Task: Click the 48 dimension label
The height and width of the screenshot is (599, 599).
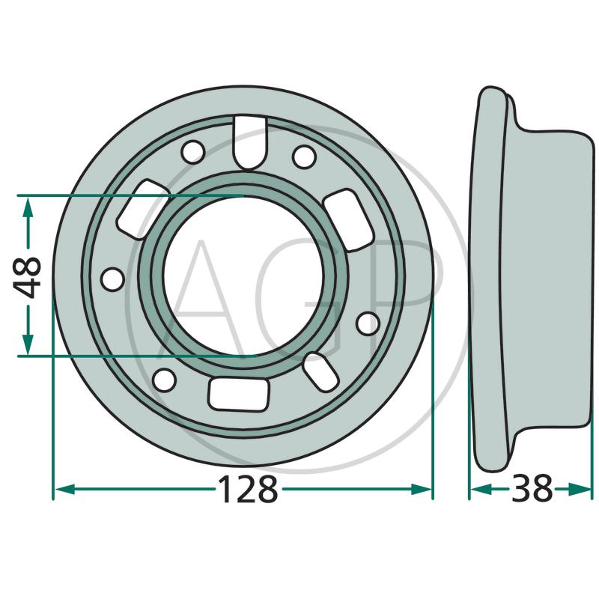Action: click(x=27, y=276)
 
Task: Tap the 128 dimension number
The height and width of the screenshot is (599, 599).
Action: click(x=248, y=489)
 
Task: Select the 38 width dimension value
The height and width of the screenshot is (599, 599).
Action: click(x=532, y=488)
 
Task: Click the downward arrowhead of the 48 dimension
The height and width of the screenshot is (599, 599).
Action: click(x=28, y=344)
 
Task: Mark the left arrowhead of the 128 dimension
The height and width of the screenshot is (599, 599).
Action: click(x=64, y=489)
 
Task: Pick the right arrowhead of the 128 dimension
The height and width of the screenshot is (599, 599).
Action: click(x=422, y=489)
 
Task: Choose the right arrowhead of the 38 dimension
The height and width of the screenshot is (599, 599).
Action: click(x=580, y=489)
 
